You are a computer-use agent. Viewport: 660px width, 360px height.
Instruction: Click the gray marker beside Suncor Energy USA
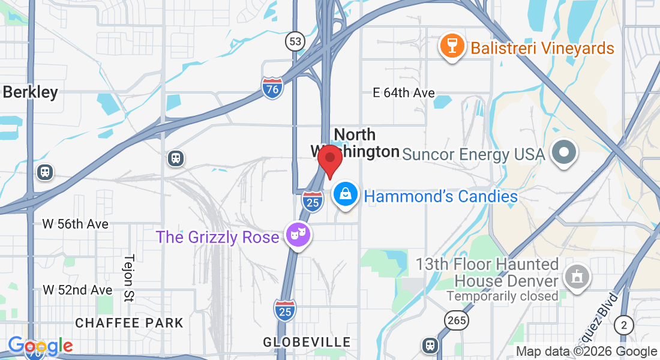563,152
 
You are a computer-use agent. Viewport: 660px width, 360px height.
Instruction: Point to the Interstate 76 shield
272,88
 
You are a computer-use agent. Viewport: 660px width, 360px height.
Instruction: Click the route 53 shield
295,41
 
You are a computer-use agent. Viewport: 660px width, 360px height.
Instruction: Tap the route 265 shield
457,320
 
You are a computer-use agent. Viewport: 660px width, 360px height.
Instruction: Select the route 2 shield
625,325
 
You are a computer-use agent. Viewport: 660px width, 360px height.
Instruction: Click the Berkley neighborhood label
31,92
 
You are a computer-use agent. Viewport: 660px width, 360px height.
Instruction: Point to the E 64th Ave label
403,92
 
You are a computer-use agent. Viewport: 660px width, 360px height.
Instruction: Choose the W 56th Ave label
76,224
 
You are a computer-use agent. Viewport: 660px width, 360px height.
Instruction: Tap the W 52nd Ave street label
77,290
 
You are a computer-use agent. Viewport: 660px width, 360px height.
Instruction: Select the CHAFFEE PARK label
129,323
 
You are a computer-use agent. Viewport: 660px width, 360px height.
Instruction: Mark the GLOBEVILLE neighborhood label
307,342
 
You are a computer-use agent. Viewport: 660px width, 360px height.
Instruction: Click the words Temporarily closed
502,296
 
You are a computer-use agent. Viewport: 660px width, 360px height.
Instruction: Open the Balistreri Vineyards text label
542,48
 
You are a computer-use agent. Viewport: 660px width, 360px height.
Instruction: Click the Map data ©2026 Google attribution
586,352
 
